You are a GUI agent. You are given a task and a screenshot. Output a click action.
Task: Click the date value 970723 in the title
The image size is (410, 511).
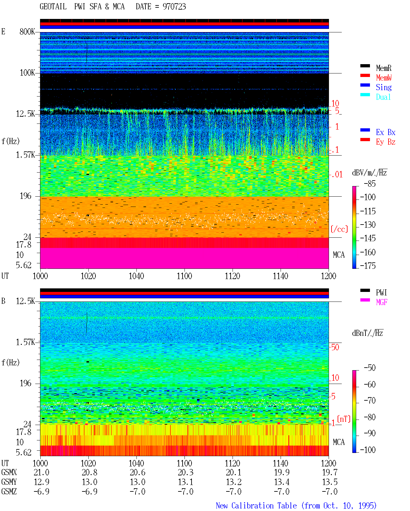click(x=174, y=7)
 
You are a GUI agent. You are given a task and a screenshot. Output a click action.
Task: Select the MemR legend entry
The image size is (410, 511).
click(x=383, y=68)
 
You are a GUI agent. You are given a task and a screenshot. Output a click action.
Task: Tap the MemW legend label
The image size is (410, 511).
click(x=384, y=78)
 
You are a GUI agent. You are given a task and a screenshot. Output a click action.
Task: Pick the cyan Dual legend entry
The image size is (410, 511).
click(x=383, y=97)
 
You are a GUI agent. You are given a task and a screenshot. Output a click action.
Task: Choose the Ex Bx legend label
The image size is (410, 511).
click(x=385, y=132)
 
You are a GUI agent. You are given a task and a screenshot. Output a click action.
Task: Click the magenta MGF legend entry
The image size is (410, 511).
click(x=381, y=302)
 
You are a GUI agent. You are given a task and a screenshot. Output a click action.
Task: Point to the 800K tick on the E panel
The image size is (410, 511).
click(x=27, y=31)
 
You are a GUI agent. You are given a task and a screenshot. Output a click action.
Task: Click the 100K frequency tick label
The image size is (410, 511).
click(x=27, y=73)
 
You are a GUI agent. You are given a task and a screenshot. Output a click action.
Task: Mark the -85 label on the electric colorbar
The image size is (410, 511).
click(x=370, y=184)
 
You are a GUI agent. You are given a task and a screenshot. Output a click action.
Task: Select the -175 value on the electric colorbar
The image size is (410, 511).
click(x=367, y=266)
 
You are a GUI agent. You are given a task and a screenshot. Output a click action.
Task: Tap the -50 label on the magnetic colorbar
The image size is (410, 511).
click(x=370, y=368)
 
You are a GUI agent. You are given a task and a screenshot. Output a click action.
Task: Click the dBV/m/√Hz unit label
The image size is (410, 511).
click(x=369, y=173)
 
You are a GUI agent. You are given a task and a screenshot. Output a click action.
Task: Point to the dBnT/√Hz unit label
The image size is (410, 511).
click(x=367, y=333)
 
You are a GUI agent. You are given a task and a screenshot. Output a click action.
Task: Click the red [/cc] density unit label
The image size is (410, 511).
click(x=339, y=229)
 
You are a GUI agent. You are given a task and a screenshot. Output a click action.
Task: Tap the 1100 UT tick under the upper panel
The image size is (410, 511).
click(x=184, y=276)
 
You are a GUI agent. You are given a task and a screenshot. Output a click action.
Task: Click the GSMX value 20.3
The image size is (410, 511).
click(x=185, y=473)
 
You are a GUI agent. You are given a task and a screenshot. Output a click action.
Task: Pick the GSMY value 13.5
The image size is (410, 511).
click(x=330, y=482)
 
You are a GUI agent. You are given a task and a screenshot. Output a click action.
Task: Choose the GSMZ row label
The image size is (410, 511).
click(x=9, y=491)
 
